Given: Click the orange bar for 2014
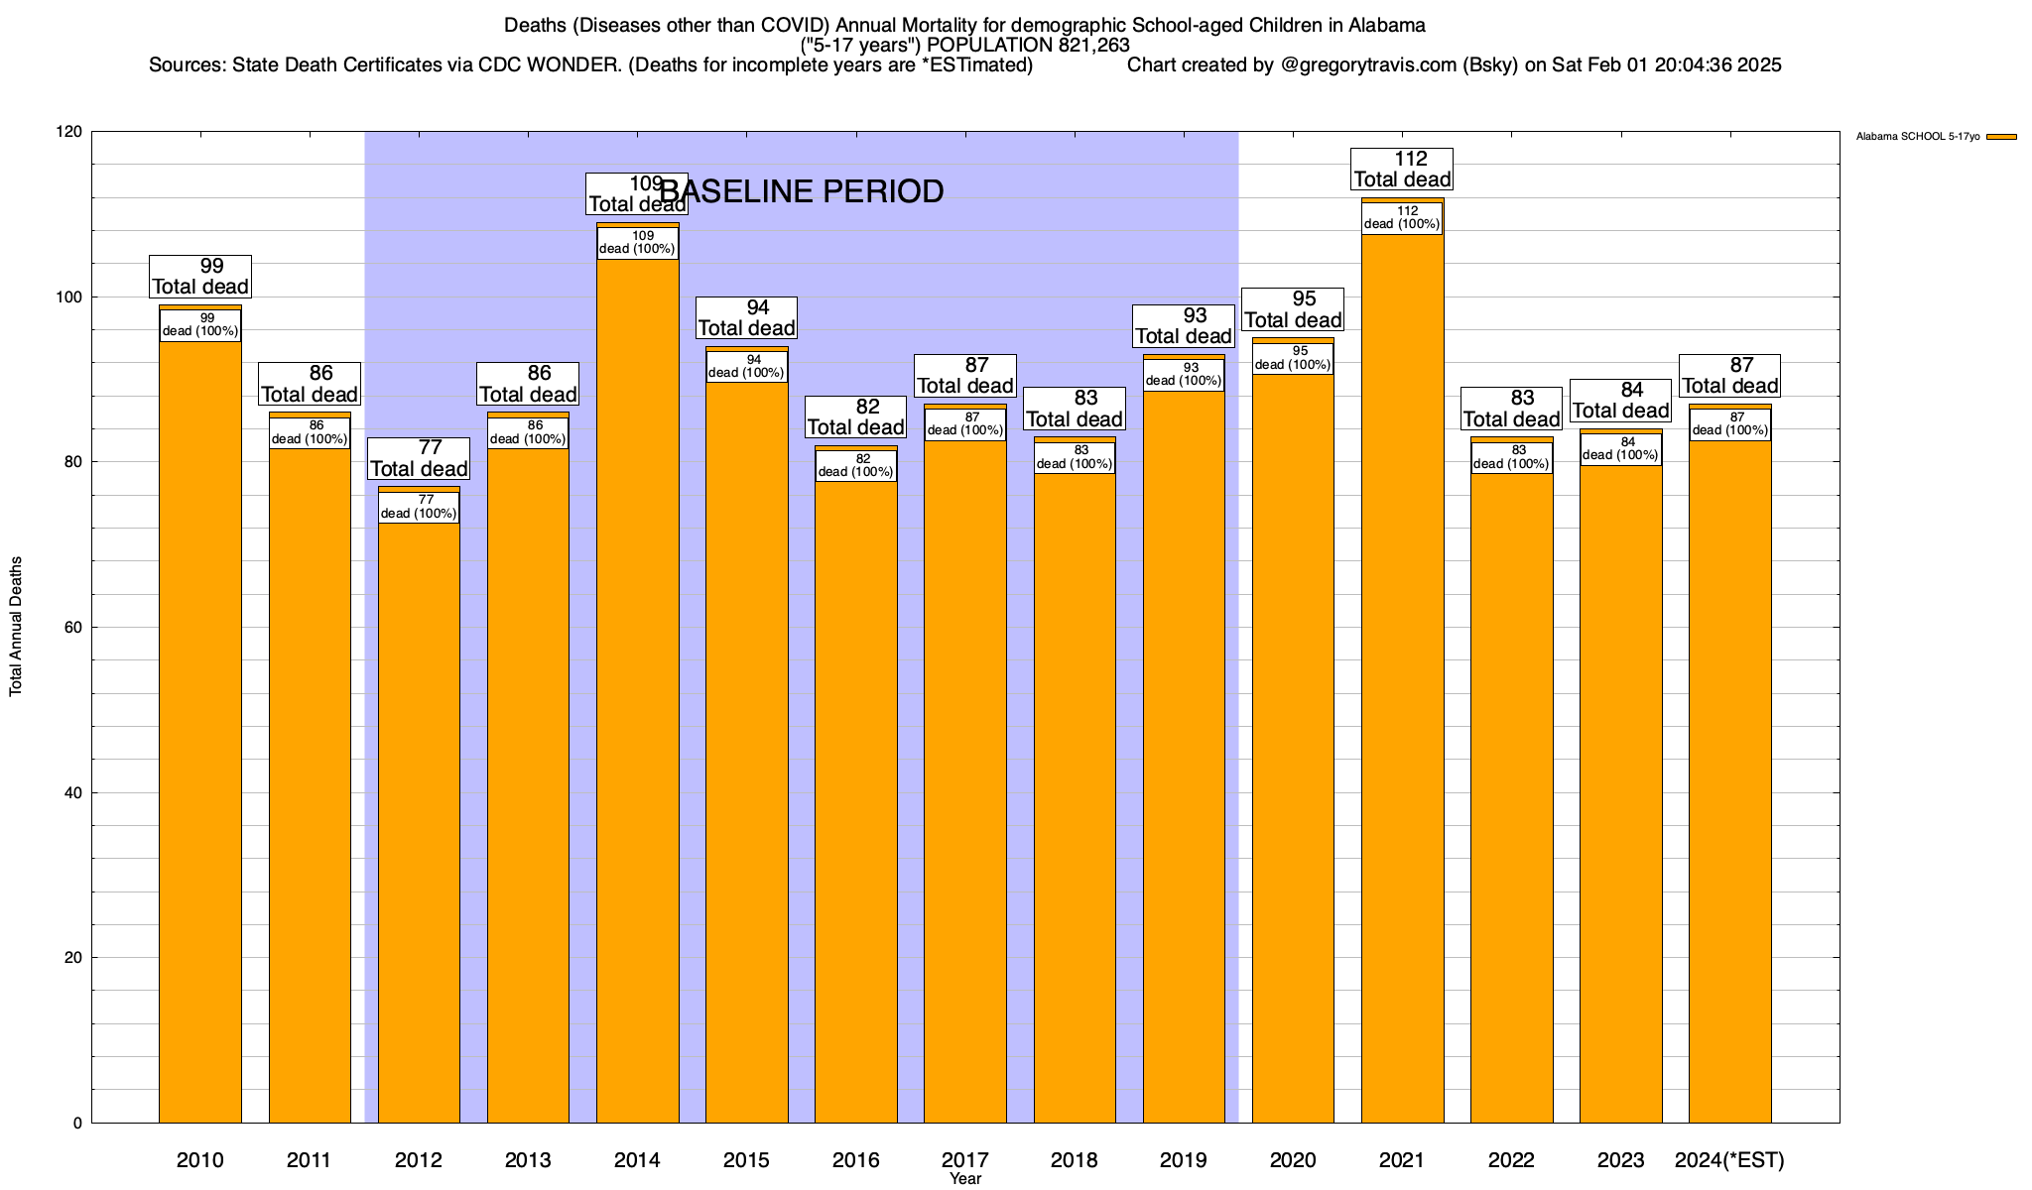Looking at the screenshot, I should click(637, 694).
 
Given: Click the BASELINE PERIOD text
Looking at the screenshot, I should click(802, 191).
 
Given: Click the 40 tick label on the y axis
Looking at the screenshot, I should click(73, 792).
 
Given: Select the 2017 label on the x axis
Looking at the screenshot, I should click(964, 1159).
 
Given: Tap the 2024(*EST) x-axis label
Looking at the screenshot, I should click(1729, 1159).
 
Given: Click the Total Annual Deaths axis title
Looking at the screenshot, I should click(16, 627).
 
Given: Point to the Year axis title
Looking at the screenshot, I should click(964, 1178).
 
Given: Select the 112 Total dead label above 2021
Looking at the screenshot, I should click(1402, 169).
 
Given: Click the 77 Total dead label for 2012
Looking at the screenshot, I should click(419, 458).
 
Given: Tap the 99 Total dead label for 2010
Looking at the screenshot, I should click(200, 276).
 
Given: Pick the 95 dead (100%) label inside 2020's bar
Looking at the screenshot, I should click(1293, 358).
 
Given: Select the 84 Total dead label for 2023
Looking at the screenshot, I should click(1620, 401).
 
